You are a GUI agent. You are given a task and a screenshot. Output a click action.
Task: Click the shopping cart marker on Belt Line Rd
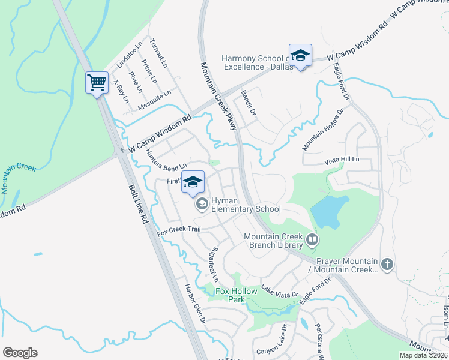[97, 83]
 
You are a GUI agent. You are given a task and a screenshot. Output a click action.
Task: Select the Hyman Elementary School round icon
[202, 205]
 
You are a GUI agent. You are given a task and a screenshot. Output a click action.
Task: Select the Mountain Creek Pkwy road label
[219, 96]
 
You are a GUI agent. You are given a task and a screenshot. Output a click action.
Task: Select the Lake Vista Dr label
[279, 292]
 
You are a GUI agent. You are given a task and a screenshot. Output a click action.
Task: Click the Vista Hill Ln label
[341, 160]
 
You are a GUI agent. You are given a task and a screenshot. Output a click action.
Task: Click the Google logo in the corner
[20, 352]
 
